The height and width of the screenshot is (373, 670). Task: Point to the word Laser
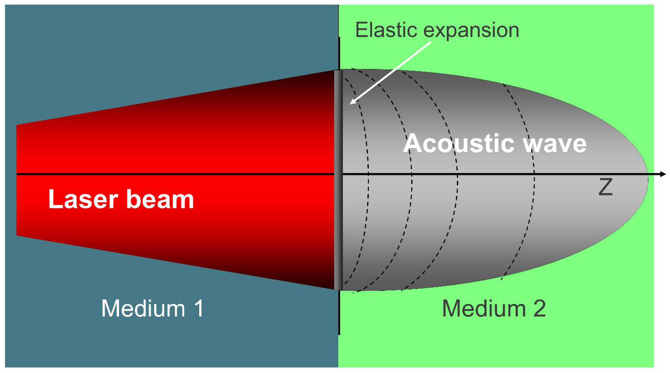83,199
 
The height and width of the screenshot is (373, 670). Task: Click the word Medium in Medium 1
143,309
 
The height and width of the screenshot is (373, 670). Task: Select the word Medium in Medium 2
484,309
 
